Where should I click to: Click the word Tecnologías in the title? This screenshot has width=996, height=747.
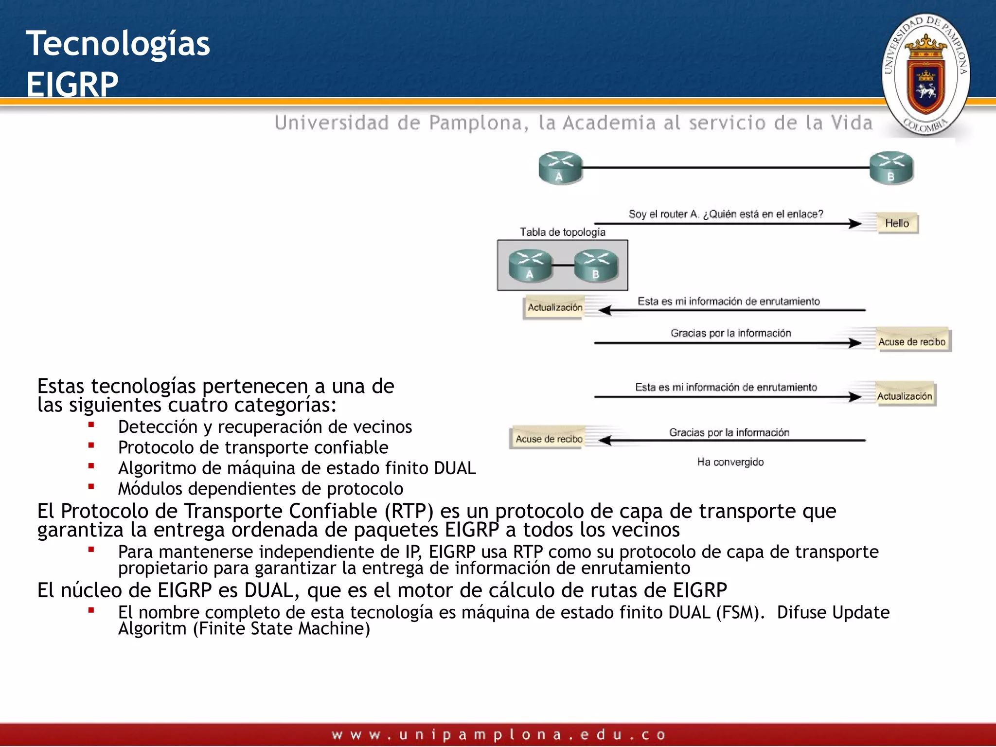118,44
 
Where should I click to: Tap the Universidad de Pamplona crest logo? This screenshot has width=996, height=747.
926,74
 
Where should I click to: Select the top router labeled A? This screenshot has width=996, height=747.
560,167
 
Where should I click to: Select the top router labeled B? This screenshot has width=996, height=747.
891,167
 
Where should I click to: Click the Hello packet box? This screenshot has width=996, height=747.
897,223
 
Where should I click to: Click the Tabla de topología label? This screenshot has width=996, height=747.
562,232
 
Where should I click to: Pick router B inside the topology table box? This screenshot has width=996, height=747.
596,266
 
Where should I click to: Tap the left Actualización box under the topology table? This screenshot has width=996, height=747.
554,307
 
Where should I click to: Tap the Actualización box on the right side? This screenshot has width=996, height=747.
905,396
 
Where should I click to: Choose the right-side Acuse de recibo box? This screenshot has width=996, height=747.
912,341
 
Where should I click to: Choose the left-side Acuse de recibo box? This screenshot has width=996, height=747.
549,439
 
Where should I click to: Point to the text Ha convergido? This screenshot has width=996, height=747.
730,462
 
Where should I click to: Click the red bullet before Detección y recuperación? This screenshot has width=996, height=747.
91,425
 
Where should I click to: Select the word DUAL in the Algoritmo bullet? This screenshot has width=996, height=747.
455,468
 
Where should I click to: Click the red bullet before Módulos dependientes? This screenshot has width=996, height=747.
91,486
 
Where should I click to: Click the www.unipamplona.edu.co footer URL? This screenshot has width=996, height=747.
498,734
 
